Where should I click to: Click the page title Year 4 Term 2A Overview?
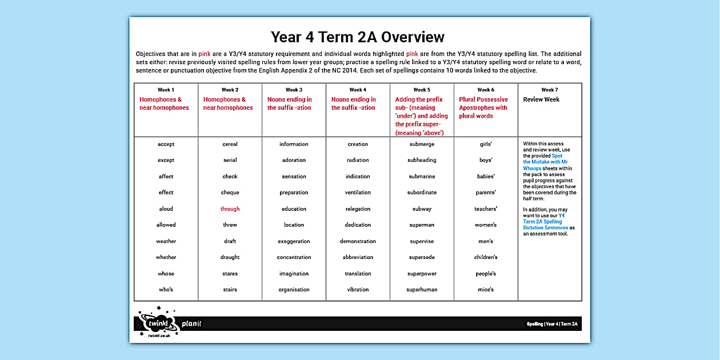pyautogui.click(x=357, y=37)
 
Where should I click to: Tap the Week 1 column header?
pyautogui.click(x=166, y=90)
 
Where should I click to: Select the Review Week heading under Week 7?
pyautogui.click(x=541, y=99)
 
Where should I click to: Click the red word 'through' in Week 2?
pyautogui.click(x=230, y=209)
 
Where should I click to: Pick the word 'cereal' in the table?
pyautogui.click(x=230, y=145)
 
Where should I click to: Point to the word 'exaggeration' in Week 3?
pyautogui.click(x=294, y=242)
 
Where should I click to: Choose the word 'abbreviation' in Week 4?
pyautogui.click(x=358, y=258)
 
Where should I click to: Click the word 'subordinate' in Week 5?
pyautogui.click(x=422, y=193)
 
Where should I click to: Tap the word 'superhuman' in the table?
pyautogui.click(x=422, y=290)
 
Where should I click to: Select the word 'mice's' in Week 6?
pyautogui.click(x=486, y=290)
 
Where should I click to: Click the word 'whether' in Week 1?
pyautogui.click(x=166, y=258)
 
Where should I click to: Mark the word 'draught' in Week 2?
pyautogui.click(x=230, y=258)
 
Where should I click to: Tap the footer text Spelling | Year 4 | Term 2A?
pyautogui.click(x=552, y=324)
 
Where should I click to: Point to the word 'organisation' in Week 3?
pyautogui.click(x=294, y=290)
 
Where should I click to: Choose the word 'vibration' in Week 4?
pyautogui.click(x=358, y=290)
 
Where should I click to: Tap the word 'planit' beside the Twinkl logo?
pyautogui.click(x=191, y=324)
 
